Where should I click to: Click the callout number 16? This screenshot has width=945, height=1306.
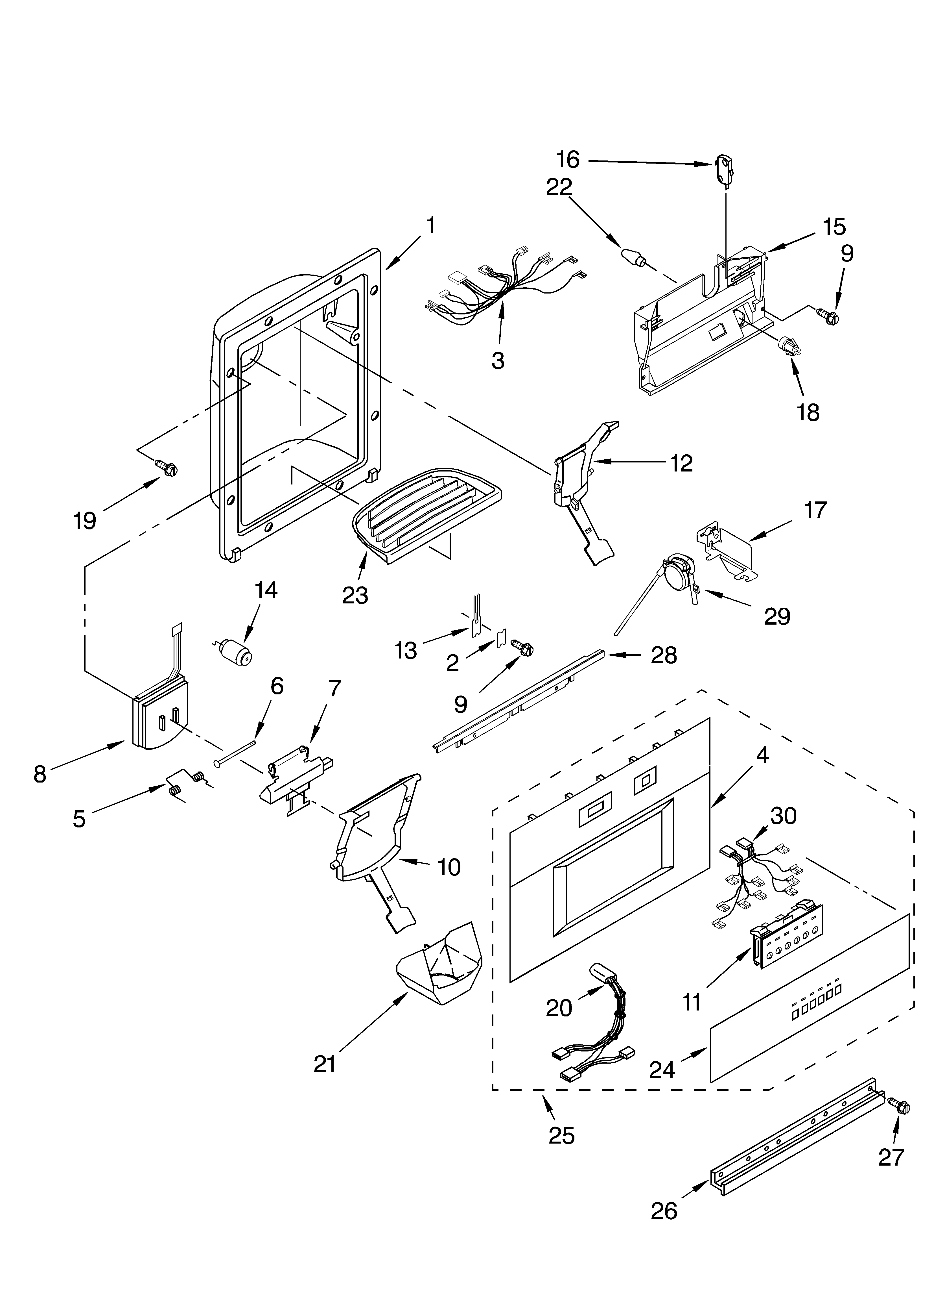click(567, 159)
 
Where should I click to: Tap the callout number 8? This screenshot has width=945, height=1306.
click(39, 774)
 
